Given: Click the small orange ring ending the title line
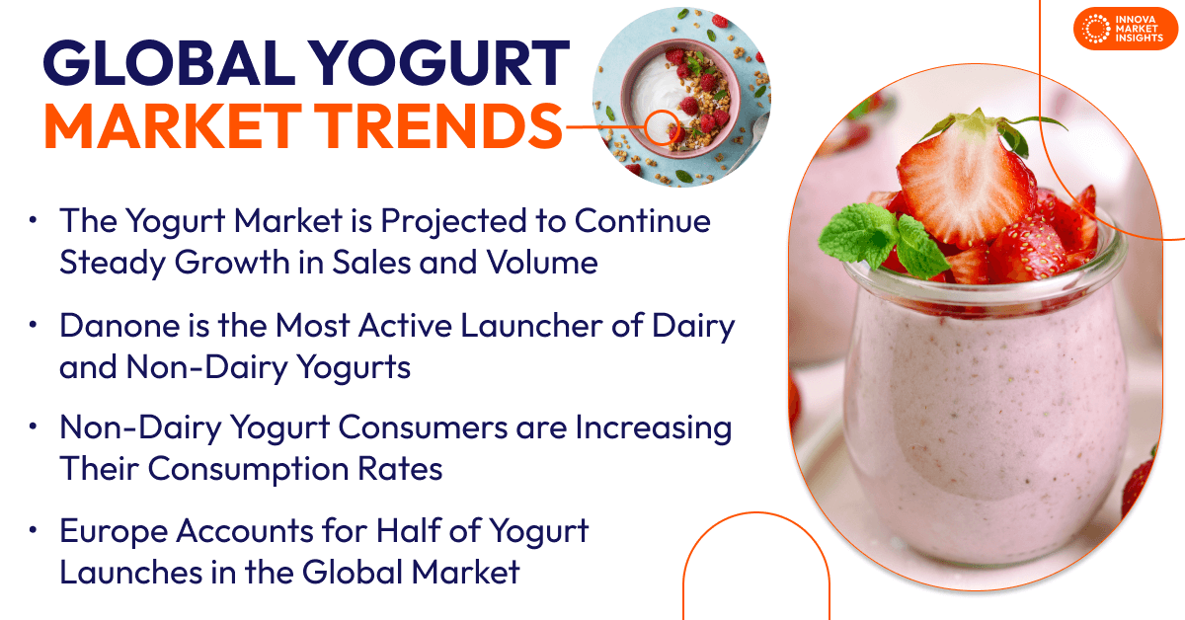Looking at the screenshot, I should click(x=659, y=125).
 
